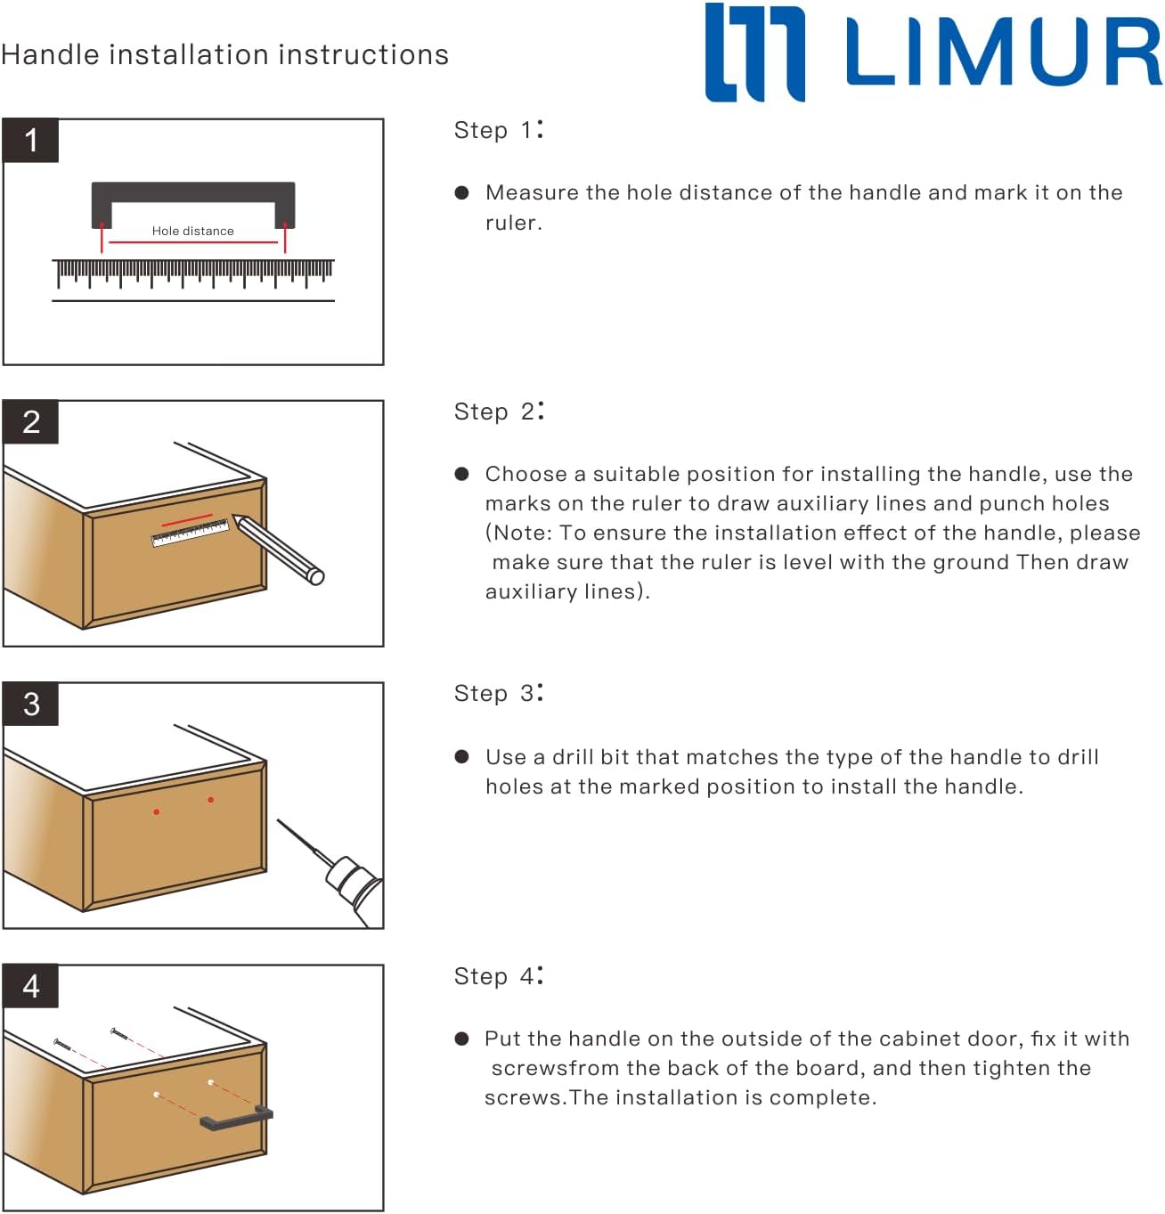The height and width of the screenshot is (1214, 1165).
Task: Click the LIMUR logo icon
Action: (x=754, y=52)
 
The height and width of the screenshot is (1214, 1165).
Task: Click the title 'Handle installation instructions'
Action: (x=224, y=55)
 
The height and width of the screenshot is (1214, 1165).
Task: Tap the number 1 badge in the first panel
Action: (x=31, y=141)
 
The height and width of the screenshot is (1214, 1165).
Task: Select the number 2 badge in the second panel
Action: (x=31, y=422)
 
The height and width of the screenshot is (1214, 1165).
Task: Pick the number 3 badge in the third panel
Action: (x=31, y=705)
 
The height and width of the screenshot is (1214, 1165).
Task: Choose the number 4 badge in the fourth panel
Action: (x=31, y=986)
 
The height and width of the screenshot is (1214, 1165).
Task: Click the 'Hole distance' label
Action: (x=192, y=231)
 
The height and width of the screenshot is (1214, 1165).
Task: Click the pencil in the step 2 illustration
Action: (x=278, y=549)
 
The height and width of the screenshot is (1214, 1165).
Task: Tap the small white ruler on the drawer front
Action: (x=190, y=533)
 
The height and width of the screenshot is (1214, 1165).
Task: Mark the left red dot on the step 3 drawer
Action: (x=157, y=811)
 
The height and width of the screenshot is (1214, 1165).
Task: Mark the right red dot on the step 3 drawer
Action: (x=210, y=800)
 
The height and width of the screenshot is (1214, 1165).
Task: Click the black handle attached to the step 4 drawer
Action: (x=236, y=1119)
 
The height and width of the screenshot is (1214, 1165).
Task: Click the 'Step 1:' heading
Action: (x=498, y=130)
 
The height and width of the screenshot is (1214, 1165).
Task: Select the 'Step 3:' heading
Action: (x=498, y=693)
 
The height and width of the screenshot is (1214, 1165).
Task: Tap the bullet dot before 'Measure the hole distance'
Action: (x=461, y=192)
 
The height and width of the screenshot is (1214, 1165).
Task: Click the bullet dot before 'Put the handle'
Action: (x=461, y=1039)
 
